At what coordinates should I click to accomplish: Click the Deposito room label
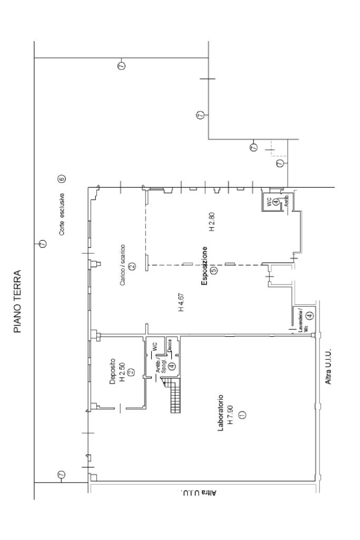click(112, 371)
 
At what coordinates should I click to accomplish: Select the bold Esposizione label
click(205, 267)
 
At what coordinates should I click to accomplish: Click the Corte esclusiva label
click(62, 217)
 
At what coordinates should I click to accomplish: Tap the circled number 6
click(62, 179)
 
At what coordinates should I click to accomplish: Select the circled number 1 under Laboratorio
click(242, 414)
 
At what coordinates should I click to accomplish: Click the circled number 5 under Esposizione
click(214, 271)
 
